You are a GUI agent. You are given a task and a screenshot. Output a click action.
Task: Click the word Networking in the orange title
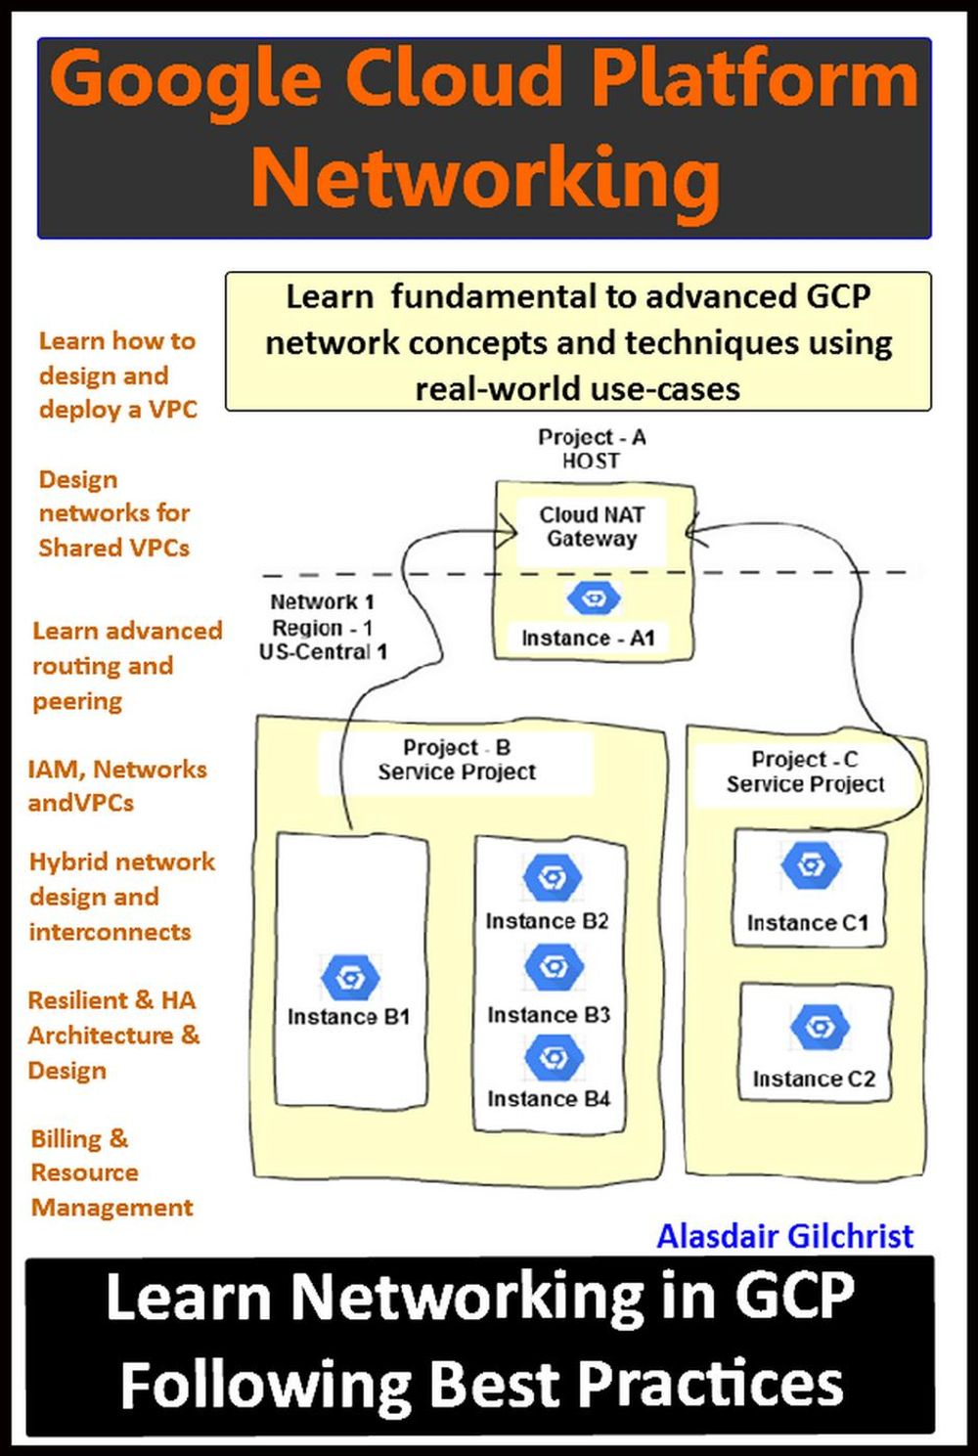tap(486, 177)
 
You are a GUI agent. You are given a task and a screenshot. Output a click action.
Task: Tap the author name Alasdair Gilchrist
tap(784, 1236)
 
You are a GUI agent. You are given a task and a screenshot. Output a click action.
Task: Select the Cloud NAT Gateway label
tap(592, 526)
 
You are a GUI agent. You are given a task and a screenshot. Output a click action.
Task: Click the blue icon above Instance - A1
tap(594, 597)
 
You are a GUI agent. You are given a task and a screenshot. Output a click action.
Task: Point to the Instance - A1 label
tap(588, 639)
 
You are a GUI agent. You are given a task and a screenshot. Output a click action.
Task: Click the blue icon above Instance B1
tap(349, 977)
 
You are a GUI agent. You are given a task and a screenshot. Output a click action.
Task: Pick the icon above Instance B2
tap(553, 877)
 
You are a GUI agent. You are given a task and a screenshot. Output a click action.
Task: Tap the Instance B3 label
tap(549, 1015)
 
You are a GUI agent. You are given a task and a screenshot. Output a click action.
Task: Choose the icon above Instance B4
tap(554, 1057)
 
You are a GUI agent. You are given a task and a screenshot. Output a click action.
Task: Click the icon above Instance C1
tap(811, 865)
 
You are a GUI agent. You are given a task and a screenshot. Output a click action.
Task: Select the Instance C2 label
tap(814, 1080)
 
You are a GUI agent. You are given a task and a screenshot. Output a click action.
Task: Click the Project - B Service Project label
tap(457, 760)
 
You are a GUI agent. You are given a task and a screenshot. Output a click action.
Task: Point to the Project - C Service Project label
tap(805, 772)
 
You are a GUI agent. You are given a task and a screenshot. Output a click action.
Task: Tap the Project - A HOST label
tap(592, 449)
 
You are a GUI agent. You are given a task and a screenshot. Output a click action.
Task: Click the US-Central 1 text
tap(323, 652)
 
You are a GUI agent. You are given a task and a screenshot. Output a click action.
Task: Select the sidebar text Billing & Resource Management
tap(111, 1172)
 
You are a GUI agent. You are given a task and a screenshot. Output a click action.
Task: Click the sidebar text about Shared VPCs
tap(113, 513)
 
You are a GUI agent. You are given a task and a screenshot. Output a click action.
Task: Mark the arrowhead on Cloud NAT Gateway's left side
tap(510, 533)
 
